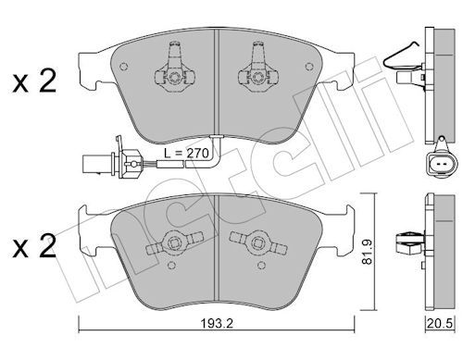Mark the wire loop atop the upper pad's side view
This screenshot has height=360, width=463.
pyautogui.click(x=401, y=56)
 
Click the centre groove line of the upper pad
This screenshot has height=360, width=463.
pyautogui.click(x=217, y=83)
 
